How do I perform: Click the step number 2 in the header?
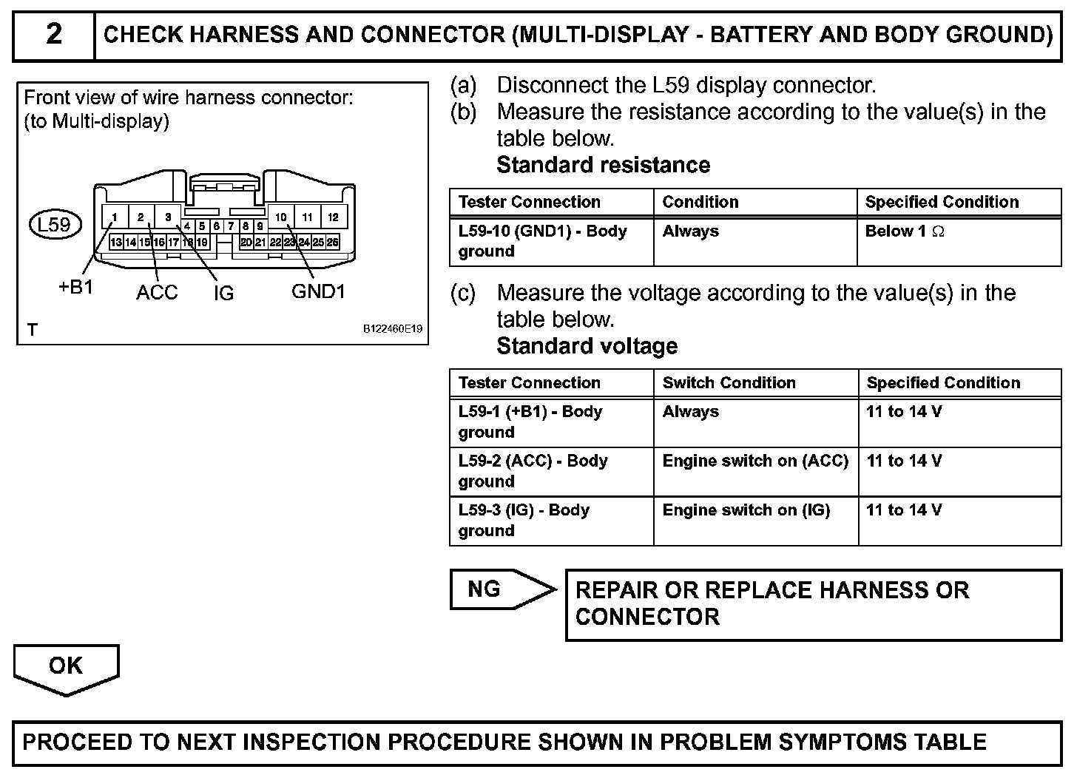54,35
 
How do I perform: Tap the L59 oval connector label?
54,223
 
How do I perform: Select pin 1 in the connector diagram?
115,217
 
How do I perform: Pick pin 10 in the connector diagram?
281,217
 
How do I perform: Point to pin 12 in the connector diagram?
333,217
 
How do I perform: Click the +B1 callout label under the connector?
75,288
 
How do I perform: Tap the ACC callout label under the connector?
157,292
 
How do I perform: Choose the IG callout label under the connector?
223,294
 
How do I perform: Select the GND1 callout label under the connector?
318,291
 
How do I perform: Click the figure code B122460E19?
392,329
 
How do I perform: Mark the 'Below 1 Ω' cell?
905,231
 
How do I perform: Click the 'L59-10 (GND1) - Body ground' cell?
542,241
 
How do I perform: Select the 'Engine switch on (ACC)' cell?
755,461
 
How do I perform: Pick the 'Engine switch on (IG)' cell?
746,510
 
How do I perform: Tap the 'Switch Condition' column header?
729,383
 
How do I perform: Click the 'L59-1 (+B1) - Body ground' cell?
530,422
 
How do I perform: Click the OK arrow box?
66,666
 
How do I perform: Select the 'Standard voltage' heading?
587,346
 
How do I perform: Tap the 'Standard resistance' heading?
603,165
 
